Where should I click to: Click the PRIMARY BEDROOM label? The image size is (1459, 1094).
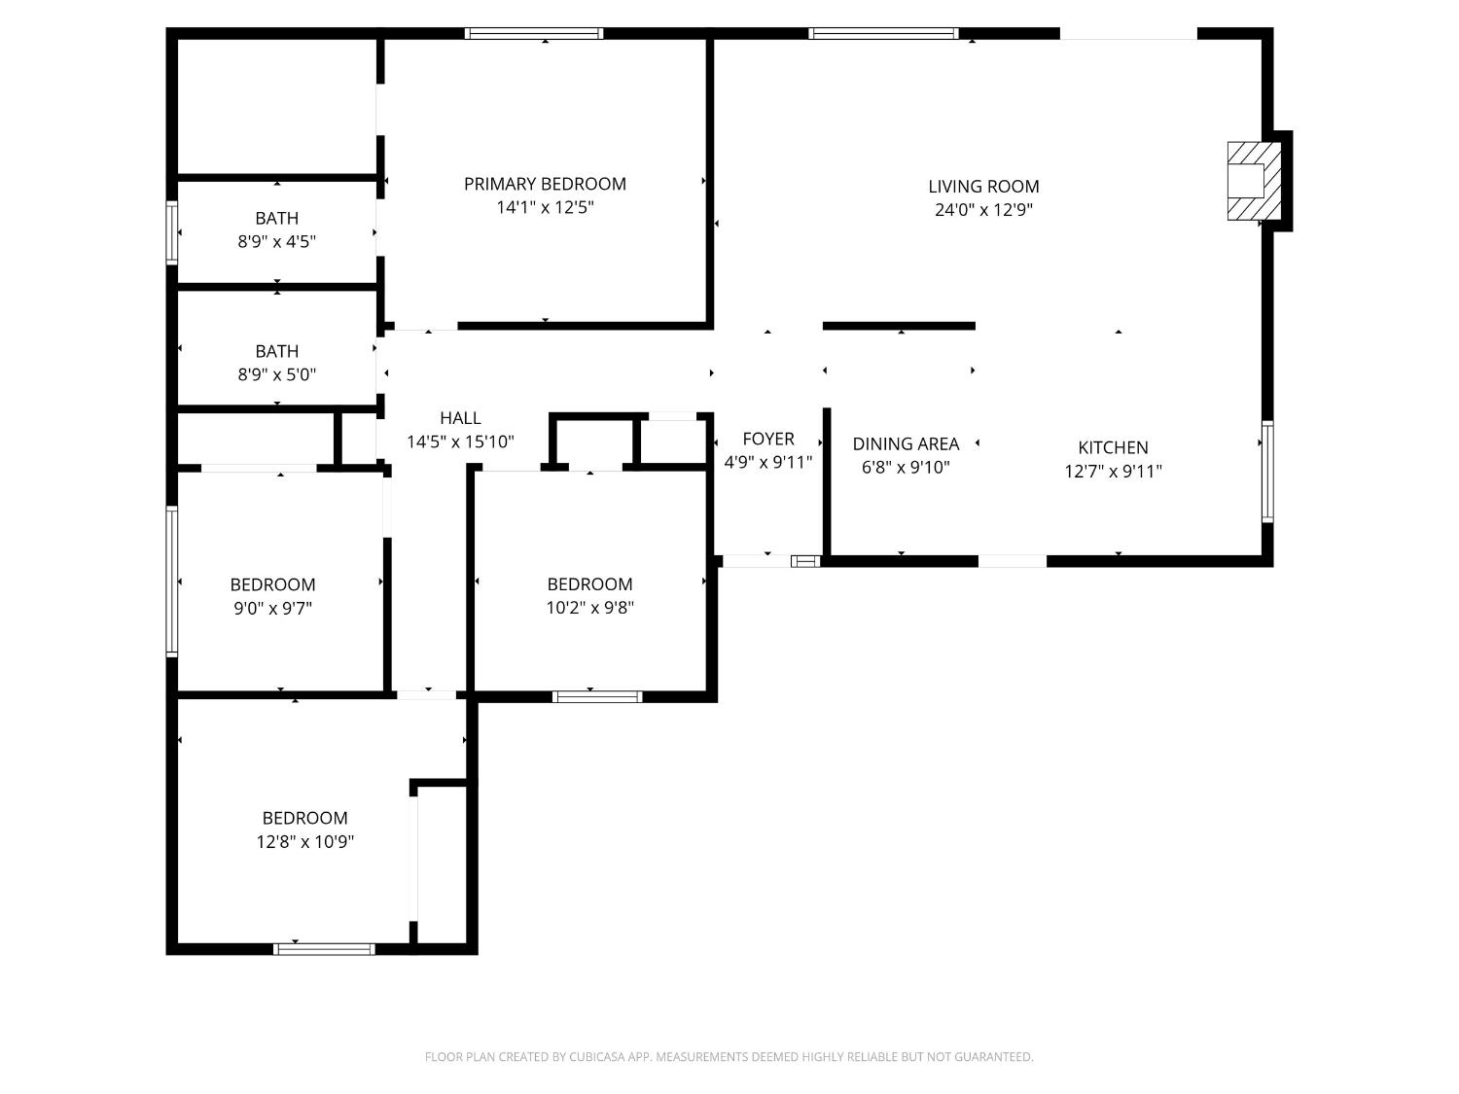[x=545, y=184]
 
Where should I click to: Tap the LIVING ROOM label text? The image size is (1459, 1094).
[x=983, y=187]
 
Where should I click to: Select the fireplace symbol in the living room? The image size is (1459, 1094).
[x=1254, y=181]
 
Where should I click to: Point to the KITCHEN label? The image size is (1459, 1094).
[x=1113, y=447]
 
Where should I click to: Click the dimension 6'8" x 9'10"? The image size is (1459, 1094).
[x=906, y=468]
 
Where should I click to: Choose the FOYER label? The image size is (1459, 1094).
[x=767, y=440]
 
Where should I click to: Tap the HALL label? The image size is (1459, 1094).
[x=460, y=418]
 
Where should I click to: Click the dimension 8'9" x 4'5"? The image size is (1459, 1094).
[x=276, y=242]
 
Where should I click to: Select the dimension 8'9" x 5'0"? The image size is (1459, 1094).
[x=276, y=374]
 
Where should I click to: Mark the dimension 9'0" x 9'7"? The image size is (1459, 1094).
[x=272, y=609]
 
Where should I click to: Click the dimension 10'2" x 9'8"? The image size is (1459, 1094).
[x=589, y=608]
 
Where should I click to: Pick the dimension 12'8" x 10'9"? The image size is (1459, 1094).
[x=305, y=842]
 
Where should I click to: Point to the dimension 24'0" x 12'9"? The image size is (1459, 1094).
[x=983, y=211]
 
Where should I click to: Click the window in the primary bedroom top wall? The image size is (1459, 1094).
[x=534, y=33]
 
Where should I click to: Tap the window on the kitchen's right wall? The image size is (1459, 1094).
[x=1267, y=472]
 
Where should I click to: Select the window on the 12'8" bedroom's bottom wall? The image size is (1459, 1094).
[x=324, y=949]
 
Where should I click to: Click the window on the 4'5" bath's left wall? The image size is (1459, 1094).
[x=171, y=232]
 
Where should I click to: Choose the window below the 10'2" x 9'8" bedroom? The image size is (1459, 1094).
[x=597, y=697]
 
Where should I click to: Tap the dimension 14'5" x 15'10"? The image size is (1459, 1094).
[x=460, y=442]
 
